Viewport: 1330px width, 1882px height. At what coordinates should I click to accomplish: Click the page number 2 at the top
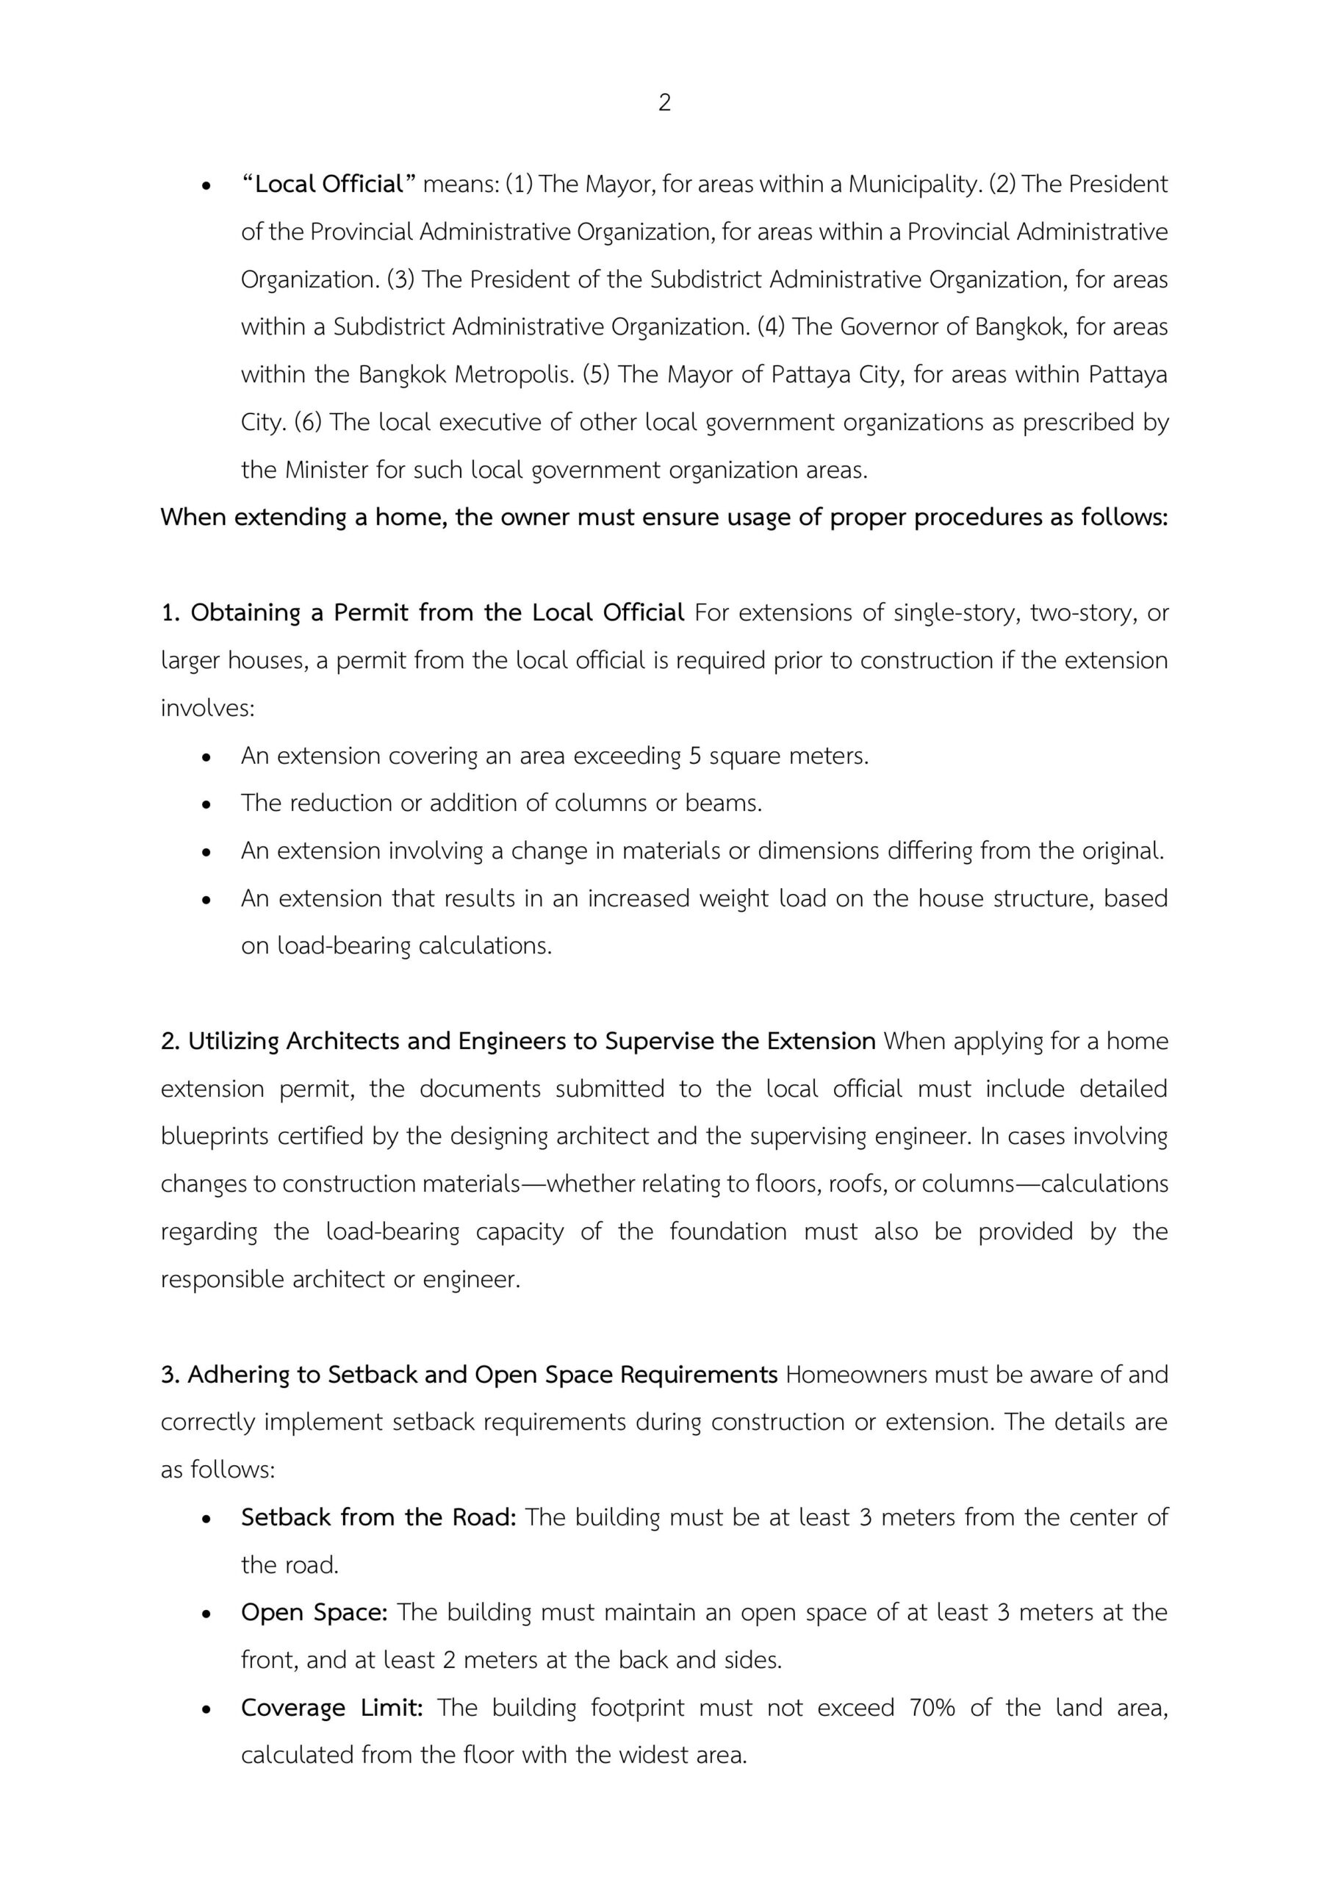(664, 102)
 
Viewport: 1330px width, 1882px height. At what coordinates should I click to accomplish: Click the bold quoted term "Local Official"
(329, 185)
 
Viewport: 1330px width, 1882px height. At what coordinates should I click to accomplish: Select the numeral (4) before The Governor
(770, 327)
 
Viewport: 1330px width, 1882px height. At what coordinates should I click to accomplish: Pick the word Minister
(326, 470)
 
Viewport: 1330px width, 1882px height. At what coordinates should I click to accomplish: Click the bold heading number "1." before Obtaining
(170, 612)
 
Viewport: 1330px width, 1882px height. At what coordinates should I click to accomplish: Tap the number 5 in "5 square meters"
(695, 755)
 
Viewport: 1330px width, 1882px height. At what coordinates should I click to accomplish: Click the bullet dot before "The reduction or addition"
(207, 804)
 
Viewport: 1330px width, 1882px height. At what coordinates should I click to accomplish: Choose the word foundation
(727, 1231)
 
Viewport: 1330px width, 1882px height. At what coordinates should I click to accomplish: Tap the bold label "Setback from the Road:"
(378, 1517)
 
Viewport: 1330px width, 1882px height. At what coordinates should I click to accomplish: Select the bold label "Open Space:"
(314, 1612)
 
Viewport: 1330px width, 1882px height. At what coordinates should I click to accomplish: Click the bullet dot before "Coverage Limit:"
(207, 1709)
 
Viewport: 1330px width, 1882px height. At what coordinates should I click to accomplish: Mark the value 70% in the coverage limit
(932, 1708)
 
